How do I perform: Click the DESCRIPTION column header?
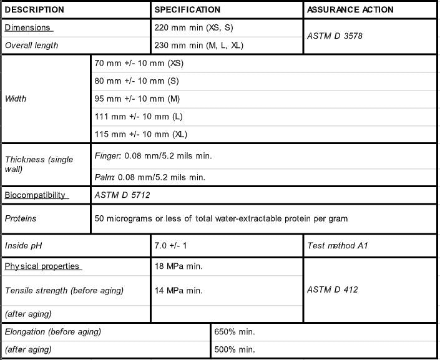click(x=34, y=10)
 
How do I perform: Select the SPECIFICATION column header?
click(x=187, y=10)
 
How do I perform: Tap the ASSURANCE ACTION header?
click(x=350, y=10)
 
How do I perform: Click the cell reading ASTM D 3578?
click(x=335, y=36)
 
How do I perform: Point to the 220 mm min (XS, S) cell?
click(x=193, y=28)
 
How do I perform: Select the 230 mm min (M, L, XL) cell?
click(x=198, y=46)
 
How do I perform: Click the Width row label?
click(x=16, y=99)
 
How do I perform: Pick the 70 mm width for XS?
click(x=139, y=64)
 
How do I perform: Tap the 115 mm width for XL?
click(x=141, y=134)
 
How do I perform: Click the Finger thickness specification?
click(x=153, y=156)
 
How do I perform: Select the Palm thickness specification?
click(x=150, y=177)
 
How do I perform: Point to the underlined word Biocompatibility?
click(x=36, y=195)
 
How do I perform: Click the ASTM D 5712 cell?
click(x=122, y=195)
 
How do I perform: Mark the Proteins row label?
click(x=21, y=219)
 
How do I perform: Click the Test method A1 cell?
click(x=338, y=246)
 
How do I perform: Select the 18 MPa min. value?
click(x=178, y=266)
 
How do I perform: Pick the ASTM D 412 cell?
click(x=333, y=289)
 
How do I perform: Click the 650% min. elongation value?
click(x=235, y=332)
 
